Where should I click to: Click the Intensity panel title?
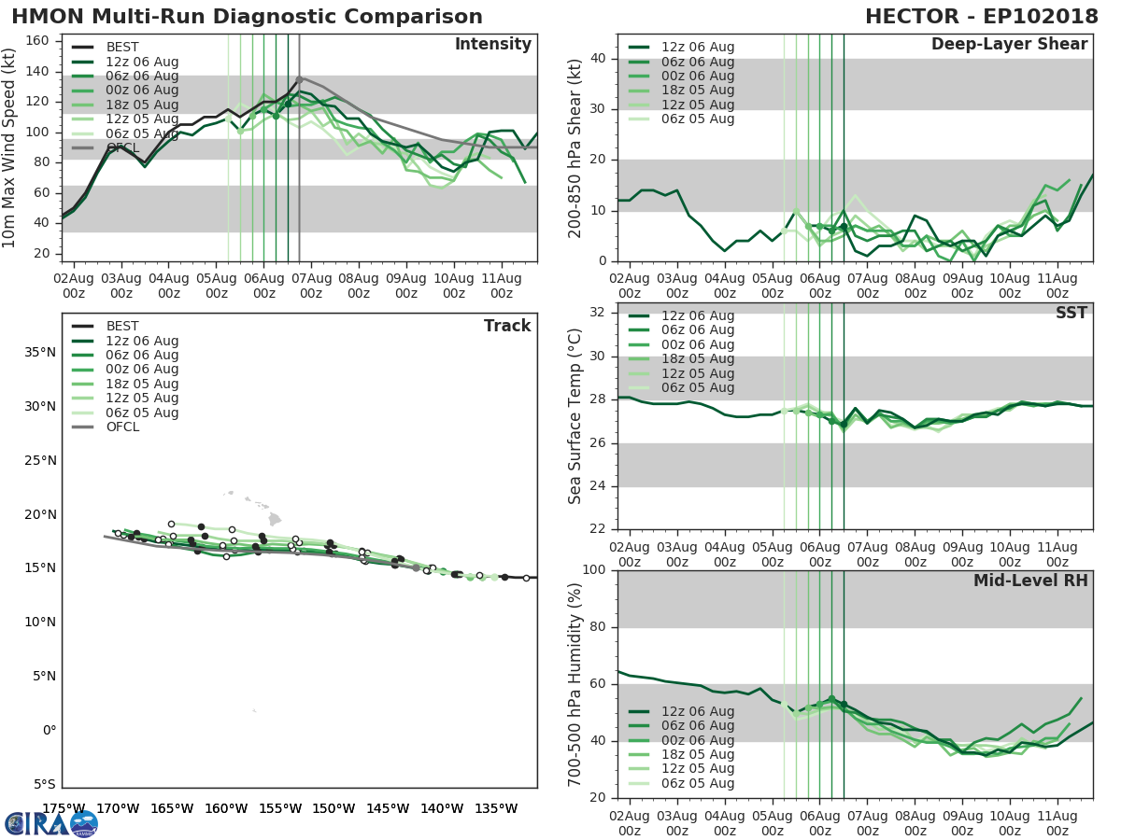pos(492,45)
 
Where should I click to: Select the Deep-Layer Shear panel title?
pos(1009,45)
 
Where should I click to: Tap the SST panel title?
pos(1071,314)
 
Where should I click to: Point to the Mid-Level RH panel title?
pos(1030,581)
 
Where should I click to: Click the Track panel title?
pos(506,326)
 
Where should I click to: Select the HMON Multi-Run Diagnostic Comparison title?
pos(247,17)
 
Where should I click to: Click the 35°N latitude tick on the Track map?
pos(40,353)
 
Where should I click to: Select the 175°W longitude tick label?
pos(64,808)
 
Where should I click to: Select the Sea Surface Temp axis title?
pos(575,416)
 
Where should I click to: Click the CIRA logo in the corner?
pos(51,823)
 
